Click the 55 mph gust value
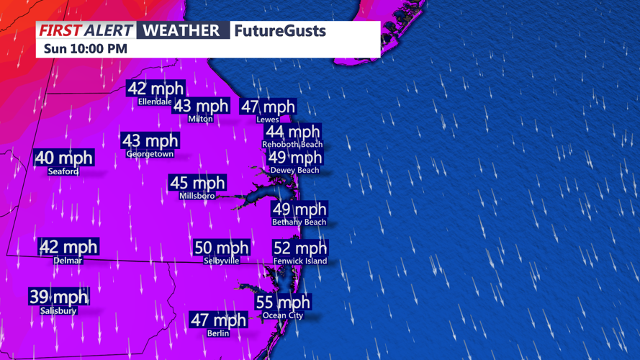tap(283, 302)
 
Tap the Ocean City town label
tap(283, 315)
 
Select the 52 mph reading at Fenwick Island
tap(300, 248)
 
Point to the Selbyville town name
tap(222, 261)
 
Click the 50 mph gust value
tap(222, 248)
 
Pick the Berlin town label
tap(218, 333)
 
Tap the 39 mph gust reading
tap(58, 297)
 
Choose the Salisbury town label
tap(58, 310)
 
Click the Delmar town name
tap(68, 261)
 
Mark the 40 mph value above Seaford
tap(64, 158)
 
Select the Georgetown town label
tap(150, 154)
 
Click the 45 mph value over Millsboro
tap(197, 183)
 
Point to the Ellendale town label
tap(156, 102)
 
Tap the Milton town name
tap(200, 119)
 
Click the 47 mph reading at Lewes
tap(268, 107)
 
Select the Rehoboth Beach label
tap(292, 145)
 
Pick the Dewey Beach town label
tap(294, 170)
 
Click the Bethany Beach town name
tap(299, 222)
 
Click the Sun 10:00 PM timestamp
tap(85, 49)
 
